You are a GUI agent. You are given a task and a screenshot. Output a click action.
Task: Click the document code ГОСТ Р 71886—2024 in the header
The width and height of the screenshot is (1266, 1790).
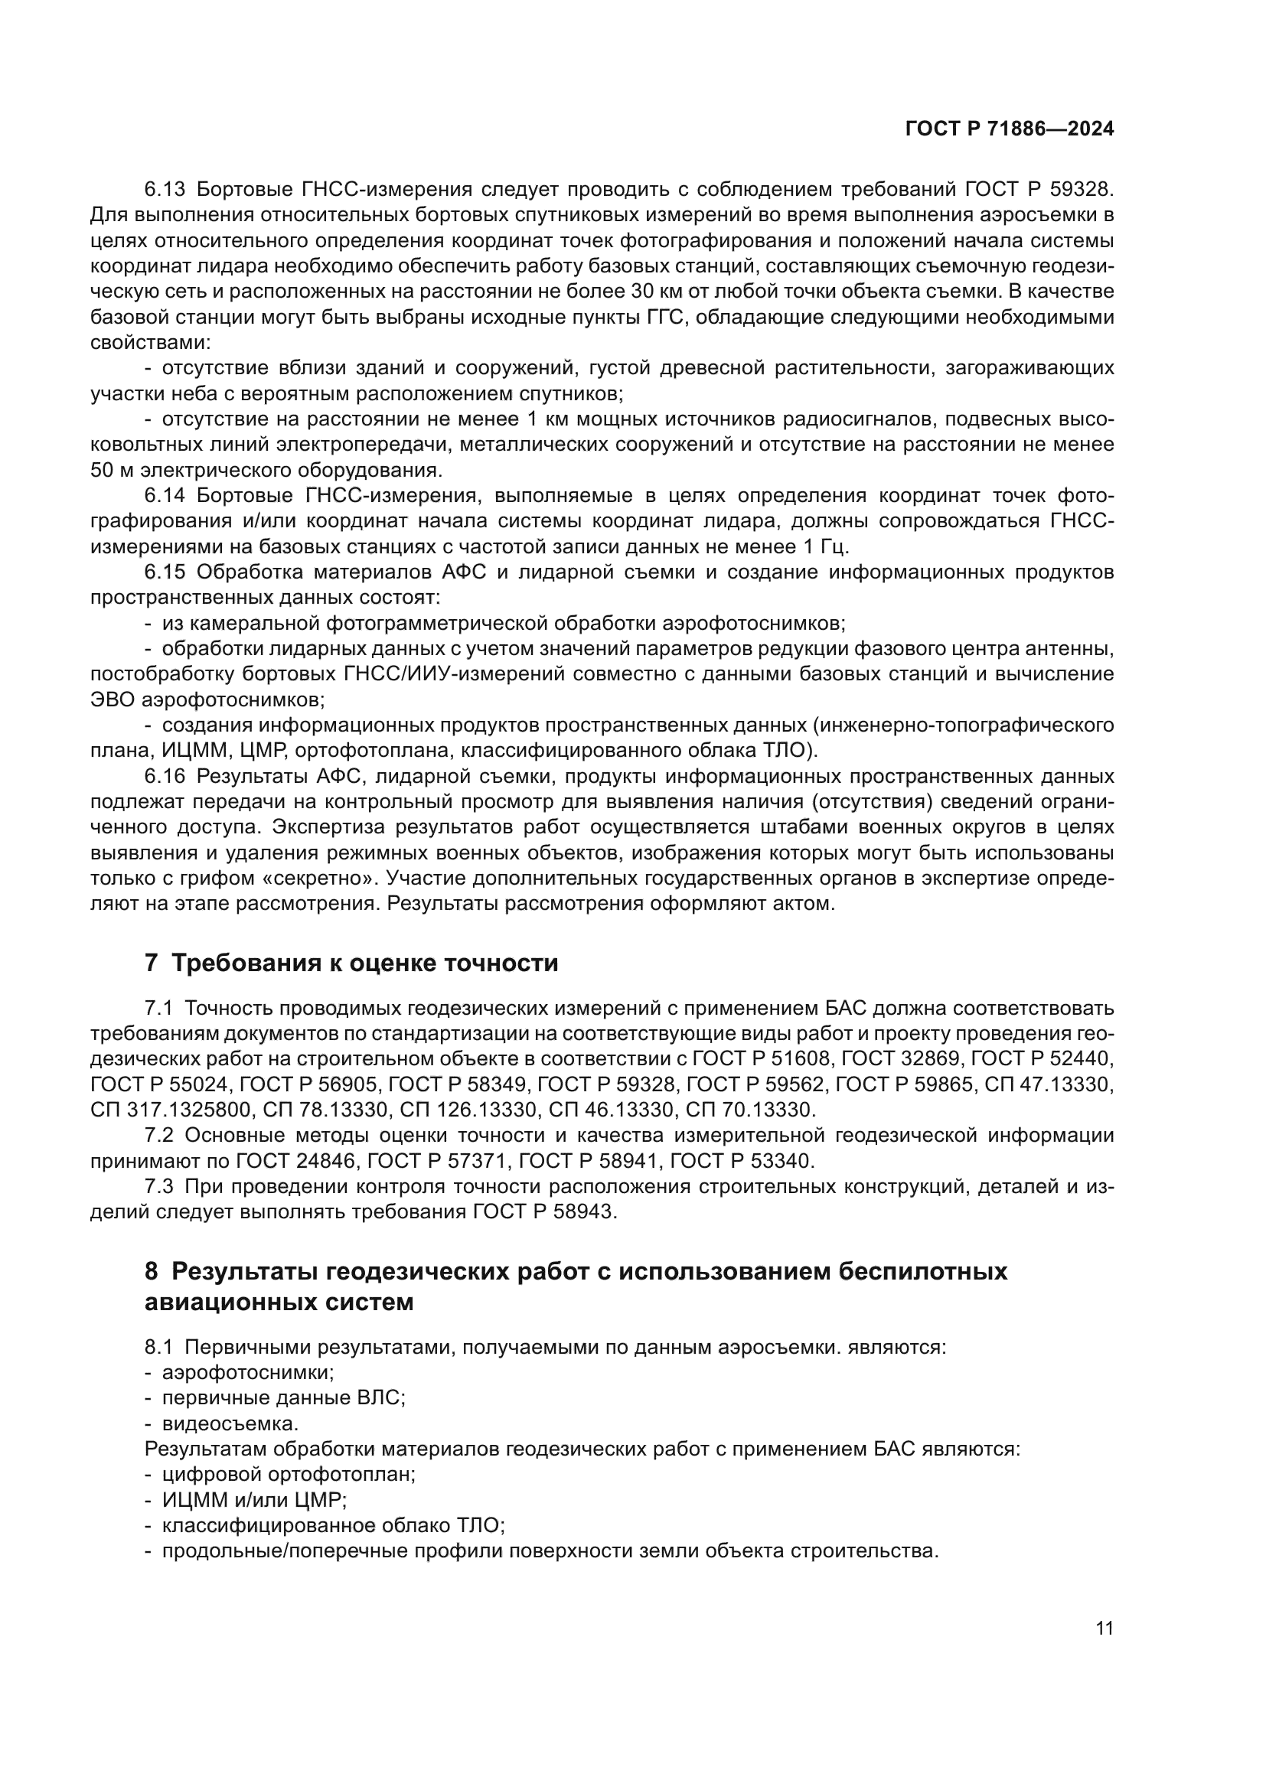pos(1009,129)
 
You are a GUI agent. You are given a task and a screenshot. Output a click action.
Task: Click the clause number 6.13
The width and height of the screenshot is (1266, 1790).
pos(165,190)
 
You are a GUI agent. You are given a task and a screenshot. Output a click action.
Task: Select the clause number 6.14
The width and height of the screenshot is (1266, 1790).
pos(165,496)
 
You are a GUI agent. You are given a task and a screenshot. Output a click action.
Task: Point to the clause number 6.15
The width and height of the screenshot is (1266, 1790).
pos(165,572)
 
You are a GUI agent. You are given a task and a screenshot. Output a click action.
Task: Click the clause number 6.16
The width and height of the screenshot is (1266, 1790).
pos(165,777)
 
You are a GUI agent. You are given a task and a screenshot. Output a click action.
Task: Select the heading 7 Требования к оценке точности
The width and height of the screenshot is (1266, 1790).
pos(351,963)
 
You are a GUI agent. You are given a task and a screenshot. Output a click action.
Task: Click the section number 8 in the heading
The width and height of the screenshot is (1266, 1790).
pos(152,1272)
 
